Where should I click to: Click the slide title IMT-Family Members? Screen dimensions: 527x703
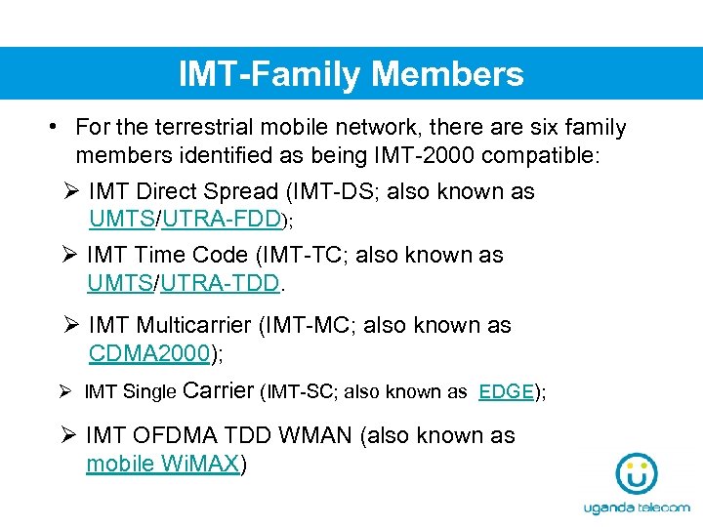click(351, 74)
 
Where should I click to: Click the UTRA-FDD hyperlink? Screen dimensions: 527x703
click(222, 219)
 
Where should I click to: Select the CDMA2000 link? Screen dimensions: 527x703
click(149, 353)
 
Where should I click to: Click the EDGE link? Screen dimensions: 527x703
click(506, 391)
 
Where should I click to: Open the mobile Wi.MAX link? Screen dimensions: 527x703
click(162, 464)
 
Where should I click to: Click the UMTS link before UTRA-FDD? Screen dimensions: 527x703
click(122, 219)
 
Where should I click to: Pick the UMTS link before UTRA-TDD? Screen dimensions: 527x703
click(120, 283)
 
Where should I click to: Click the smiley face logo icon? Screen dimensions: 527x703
click(636, 474)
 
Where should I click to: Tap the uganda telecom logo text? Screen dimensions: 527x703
click(636, 508)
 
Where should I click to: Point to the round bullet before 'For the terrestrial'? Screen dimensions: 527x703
click(56, 127)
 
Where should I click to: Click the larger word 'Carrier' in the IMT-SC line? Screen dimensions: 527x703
click(219, 390)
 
